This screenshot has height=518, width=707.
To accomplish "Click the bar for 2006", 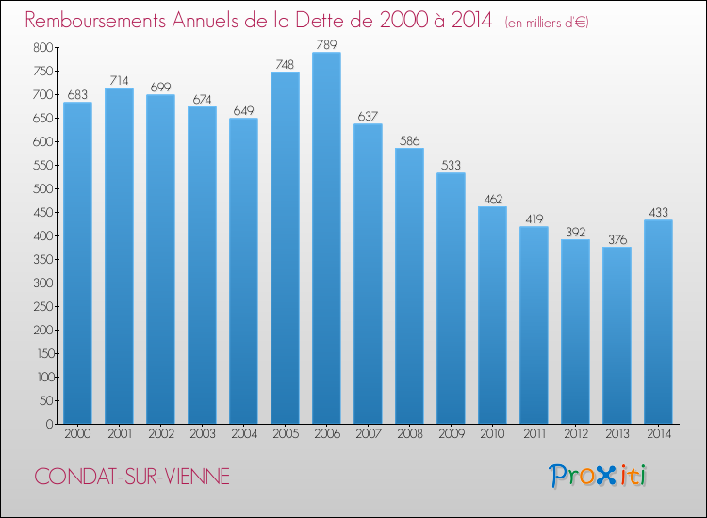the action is tap(326, 238).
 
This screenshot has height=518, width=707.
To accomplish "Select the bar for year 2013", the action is tap(617, 335).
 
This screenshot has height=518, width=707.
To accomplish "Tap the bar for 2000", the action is tap(77, 263).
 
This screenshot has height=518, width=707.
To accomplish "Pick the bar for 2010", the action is tap(492, 315).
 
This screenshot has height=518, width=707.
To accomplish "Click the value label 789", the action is tap(326, 44).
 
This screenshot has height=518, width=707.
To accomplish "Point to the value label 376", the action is tap(617, 239).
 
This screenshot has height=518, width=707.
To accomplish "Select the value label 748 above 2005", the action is tap(285, 64).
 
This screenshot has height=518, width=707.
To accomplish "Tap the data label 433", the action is tap(658, 213).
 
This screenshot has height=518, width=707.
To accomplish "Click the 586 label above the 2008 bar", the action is tap(409, 141).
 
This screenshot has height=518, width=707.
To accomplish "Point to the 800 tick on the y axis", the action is tap(42, 48).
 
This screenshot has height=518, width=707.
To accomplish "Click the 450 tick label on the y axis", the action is tap(42, 212).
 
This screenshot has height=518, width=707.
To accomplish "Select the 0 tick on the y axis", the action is tap(50, 424).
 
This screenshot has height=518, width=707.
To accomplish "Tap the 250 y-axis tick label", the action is tap(42, 306).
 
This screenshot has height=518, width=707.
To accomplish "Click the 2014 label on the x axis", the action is tap(659, 434).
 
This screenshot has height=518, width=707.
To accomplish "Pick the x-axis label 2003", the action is tap(203, 434).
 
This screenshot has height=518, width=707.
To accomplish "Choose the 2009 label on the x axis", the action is tap(452, 434).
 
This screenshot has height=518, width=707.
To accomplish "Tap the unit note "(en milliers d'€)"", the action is tap(547, 23).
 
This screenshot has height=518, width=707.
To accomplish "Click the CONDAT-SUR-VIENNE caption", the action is tap(132, 477).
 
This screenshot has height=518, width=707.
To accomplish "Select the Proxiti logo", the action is tap(598, 476).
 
